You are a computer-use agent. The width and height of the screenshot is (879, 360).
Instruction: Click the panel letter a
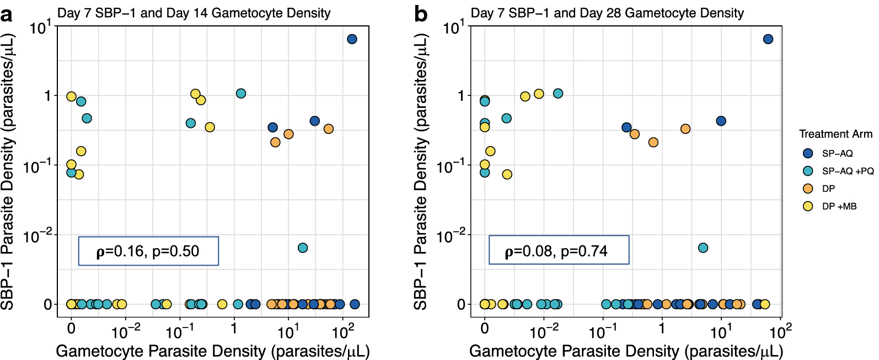click(7, 15)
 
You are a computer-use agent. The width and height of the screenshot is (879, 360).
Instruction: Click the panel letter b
click(420, 15)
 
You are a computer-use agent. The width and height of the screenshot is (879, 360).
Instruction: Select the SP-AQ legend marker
click(808, 153)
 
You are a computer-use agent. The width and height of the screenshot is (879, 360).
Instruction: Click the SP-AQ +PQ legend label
click(848, 171)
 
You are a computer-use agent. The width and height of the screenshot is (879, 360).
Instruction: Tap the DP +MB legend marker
click(808, 206)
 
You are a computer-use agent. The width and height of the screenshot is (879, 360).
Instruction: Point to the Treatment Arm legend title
click(835, 134)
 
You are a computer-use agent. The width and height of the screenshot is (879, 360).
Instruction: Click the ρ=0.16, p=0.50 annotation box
click(148, 251)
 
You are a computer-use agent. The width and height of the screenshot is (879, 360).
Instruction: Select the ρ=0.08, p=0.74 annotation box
click(559, 250)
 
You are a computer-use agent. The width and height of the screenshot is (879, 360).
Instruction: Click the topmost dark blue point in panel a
click(352, 39)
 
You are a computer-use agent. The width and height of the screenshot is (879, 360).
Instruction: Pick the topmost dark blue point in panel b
click(768, 39)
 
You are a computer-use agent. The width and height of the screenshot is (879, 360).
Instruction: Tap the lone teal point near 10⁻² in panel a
click(303, 248)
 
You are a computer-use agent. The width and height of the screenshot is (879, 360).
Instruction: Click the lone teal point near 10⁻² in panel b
click(703, 248)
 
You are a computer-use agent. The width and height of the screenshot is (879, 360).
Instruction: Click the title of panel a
click(194, 13)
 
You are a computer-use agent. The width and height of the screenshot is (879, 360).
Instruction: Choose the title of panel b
click(607, 13)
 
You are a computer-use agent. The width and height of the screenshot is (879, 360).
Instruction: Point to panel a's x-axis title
click(212, 351)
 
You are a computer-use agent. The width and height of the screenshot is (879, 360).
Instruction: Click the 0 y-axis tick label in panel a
click(48, 304)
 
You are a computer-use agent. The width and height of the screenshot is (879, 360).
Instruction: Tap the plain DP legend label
click(828, 189)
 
